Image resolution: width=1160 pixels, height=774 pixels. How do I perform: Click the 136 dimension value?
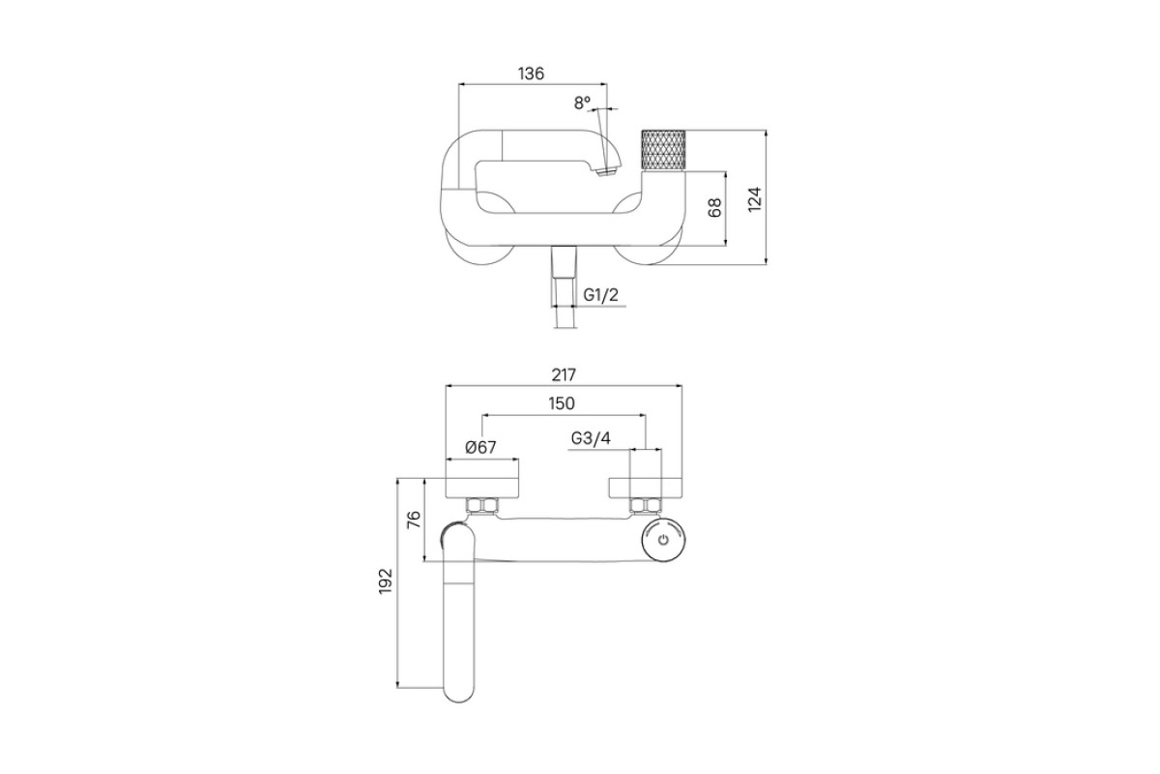[x=532, y=74]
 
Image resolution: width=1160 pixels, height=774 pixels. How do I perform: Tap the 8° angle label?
[x=582, y=103]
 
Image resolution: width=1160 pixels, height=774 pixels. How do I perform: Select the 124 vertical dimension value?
[x=756, y=199]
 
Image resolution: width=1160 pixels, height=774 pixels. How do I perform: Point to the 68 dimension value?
[x=714, y=208]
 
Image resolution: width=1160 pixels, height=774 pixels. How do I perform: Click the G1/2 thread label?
[x=600, y=295]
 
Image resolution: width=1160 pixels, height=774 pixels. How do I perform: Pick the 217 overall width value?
[x=564, y=374]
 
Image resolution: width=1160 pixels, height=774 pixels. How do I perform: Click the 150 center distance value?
[x=562, y=403]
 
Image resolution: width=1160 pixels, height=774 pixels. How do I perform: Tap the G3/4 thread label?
[x=591, y=438]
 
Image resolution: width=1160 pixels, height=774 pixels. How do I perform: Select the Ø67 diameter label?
[x=480, y=447]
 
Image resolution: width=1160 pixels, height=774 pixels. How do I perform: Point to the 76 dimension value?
[x=415, y=520]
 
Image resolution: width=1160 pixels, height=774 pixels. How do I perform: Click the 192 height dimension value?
[x=386, y=581]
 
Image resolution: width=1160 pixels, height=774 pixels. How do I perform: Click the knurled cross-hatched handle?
[x=663, y=150]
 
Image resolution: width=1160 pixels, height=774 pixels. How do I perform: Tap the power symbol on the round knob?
[x=664, y=541]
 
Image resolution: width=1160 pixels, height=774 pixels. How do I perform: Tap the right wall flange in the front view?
[x=646, y=488]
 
